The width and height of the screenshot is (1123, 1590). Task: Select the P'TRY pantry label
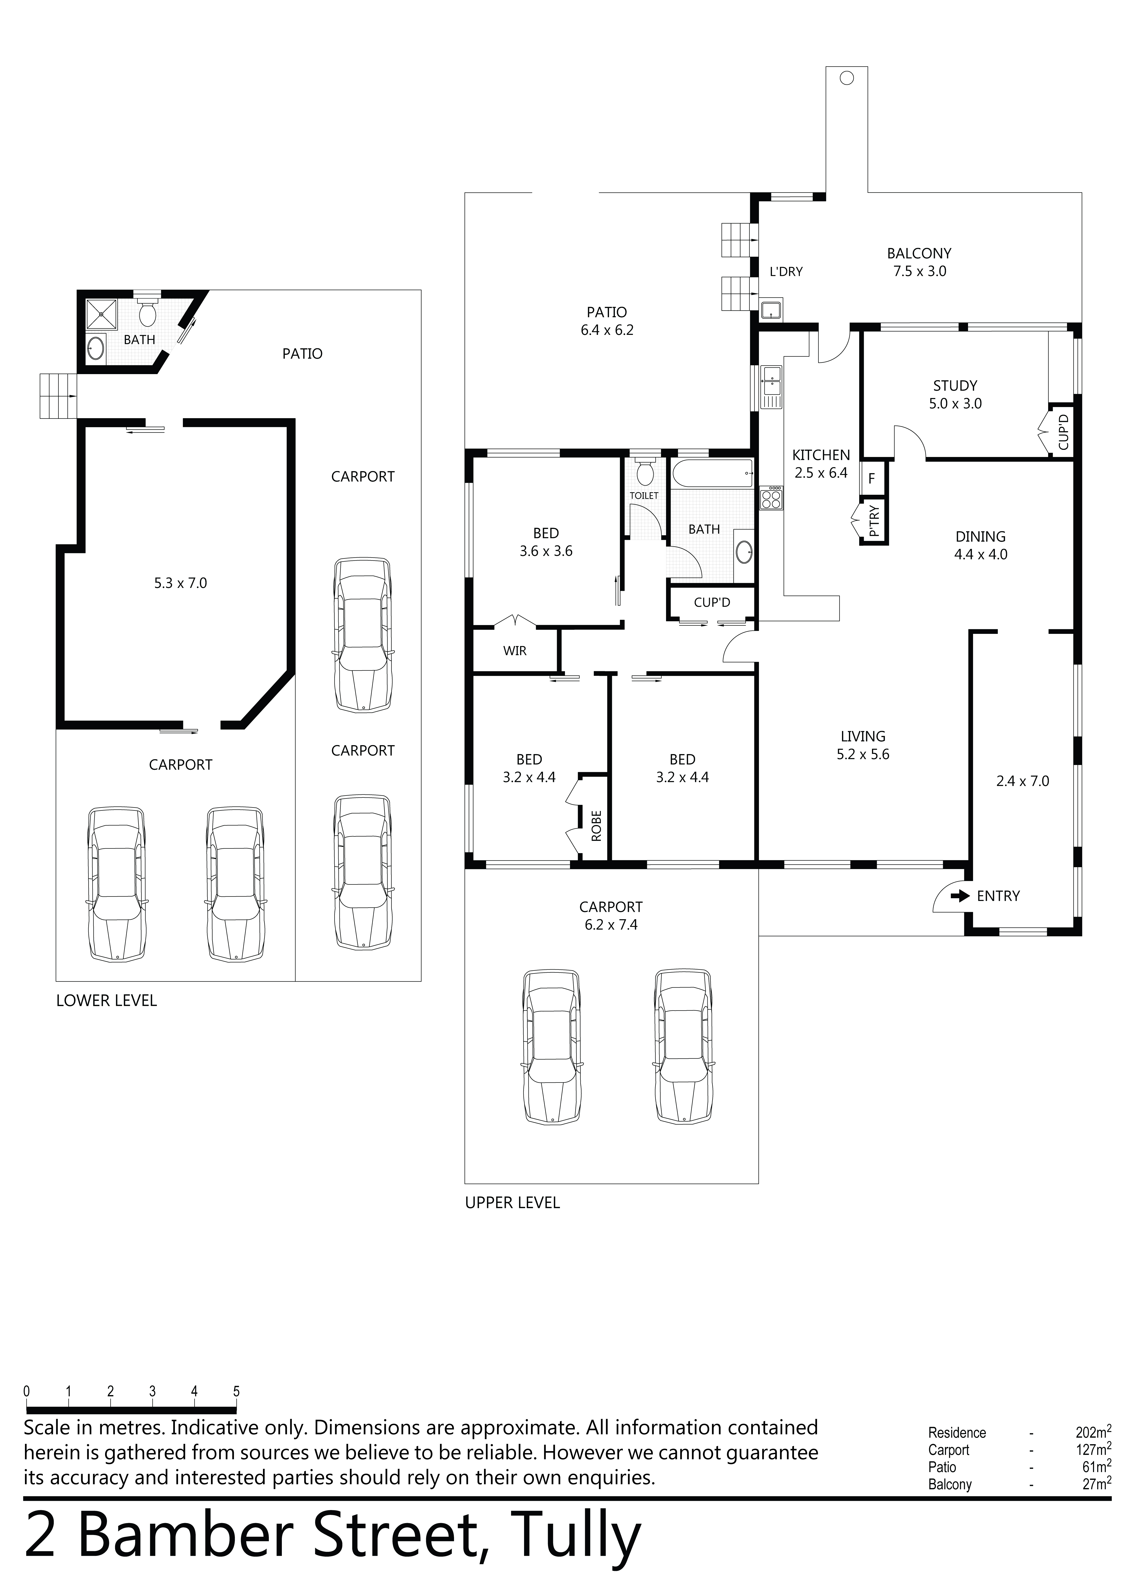click(x=874, y=521)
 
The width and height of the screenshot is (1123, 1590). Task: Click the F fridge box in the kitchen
click(x=872, y=478)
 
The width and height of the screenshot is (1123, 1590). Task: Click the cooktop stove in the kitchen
click(x=771, y=497)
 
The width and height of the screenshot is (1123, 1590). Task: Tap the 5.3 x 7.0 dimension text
click(x=180, y=583)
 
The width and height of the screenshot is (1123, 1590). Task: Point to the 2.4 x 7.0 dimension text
click(x=1023, y=781)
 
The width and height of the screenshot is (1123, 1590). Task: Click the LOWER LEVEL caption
click(x=107, y=1001)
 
